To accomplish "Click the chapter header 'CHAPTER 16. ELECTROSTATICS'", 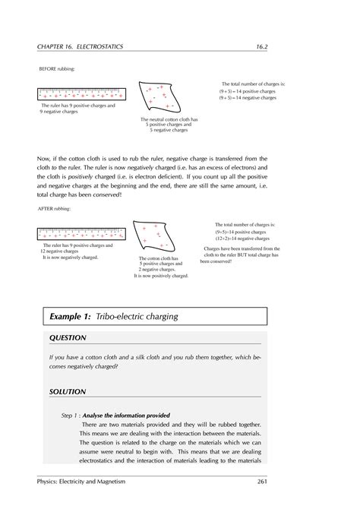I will pos(80,48).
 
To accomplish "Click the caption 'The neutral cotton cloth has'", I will pos(169,119).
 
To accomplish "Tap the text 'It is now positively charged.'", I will pos(161,276).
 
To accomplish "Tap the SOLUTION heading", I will pos(67,391).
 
